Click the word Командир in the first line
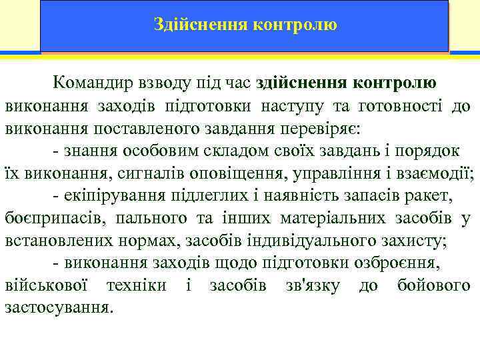click(91, 83)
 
